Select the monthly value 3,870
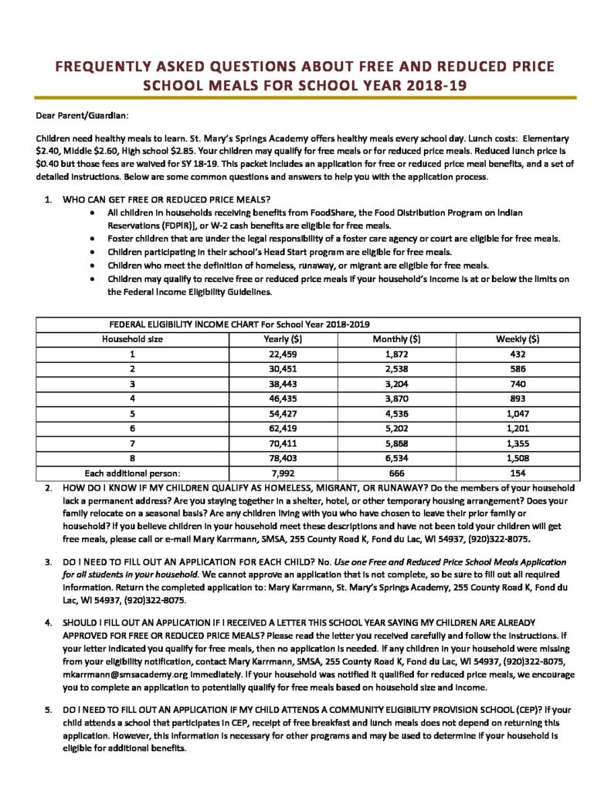pos(396,397)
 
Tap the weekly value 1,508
pos(517,456)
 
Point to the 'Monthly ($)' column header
pos(396,338)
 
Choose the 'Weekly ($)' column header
pos(517,338)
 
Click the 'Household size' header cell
pos(133,338)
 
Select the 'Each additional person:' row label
pos(133,471)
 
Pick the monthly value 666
pos(396,471)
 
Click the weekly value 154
pos(517,471)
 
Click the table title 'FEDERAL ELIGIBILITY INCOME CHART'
pos(199,324)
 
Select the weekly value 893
pos(517,397)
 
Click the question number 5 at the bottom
pos(48,708)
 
